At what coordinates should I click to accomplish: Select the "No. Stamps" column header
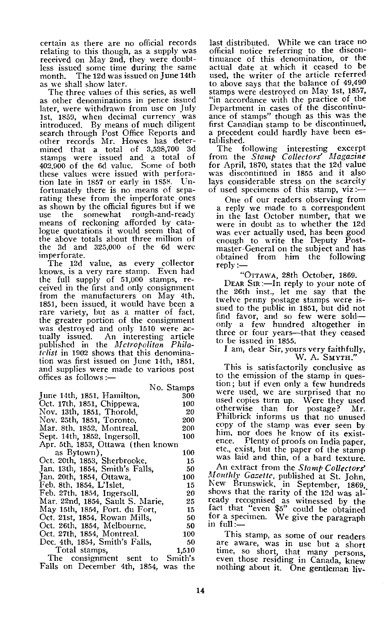click(172, 387)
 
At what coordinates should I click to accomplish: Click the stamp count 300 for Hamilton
click(188, 396)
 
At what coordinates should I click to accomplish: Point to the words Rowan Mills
click(126, 517)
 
